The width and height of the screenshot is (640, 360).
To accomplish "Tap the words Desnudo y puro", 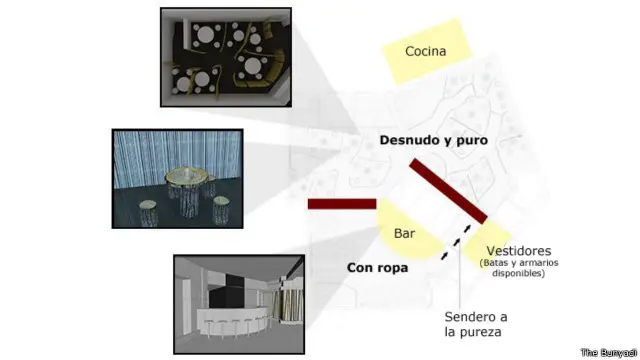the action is point(433,141).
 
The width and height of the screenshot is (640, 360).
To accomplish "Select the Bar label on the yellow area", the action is point(404,234).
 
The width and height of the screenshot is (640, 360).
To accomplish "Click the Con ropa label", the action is point(377,268).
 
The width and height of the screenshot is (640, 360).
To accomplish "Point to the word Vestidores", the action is point(518,250).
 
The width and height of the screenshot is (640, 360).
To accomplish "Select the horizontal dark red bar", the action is point(341,204).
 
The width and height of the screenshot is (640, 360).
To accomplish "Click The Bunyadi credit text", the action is point(608,352).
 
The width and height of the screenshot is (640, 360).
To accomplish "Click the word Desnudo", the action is point(407,141).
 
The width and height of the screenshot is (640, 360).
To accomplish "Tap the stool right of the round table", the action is point(221,210).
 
